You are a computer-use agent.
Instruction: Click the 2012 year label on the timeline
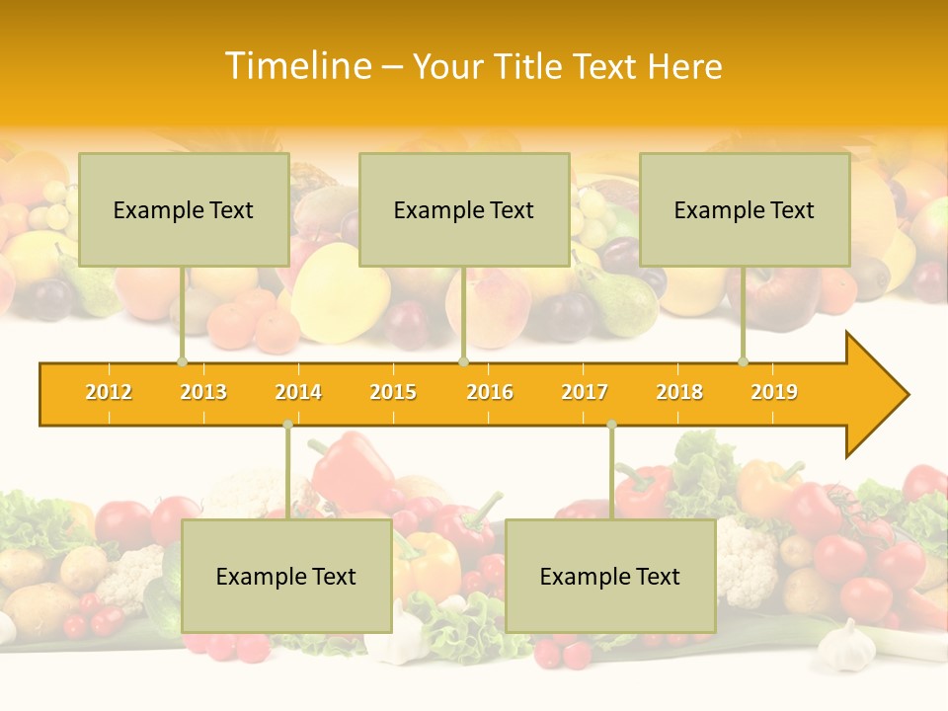(x=109, y=392)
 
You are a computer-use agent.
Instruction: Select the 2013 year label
(x=203, y=392)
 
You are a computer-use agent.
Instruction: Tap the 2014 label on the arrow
(x=298, y=392)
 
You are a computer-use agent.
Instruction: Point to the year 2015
(x=393, y=392)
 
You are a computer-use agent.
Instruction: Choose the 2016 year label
(x=490, y=392)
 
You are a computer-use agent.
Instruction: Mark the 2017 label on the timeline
(x=585, y=392)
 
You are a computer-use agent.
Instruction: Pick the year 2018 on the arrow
(x=679, y=392)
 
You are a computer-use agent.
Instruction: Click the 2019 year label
(x=774, y=392)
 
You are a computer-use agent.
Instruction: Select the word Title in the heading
(x=530, y=66)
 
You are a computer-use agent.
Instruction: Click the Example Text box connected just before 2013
(x=184, y=209)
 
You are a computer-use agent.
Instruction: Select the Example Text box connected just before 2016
(x=464, y=209)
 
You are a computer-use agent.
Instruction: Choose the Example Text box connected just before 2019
(x=745, y=209)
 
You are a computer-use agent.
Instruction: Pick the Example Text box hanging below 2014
(x=286, y=576)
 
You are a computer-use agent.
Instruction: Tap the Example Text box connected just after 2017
(x=610, y=576)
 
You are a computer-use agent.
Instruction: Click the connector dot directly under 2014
(x=287, y=425)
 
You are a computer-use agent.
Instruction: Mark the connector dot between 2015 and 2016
(x=463, y=361)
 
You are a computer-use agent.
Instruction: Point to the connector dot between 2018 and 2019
(x=744, y=361)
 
